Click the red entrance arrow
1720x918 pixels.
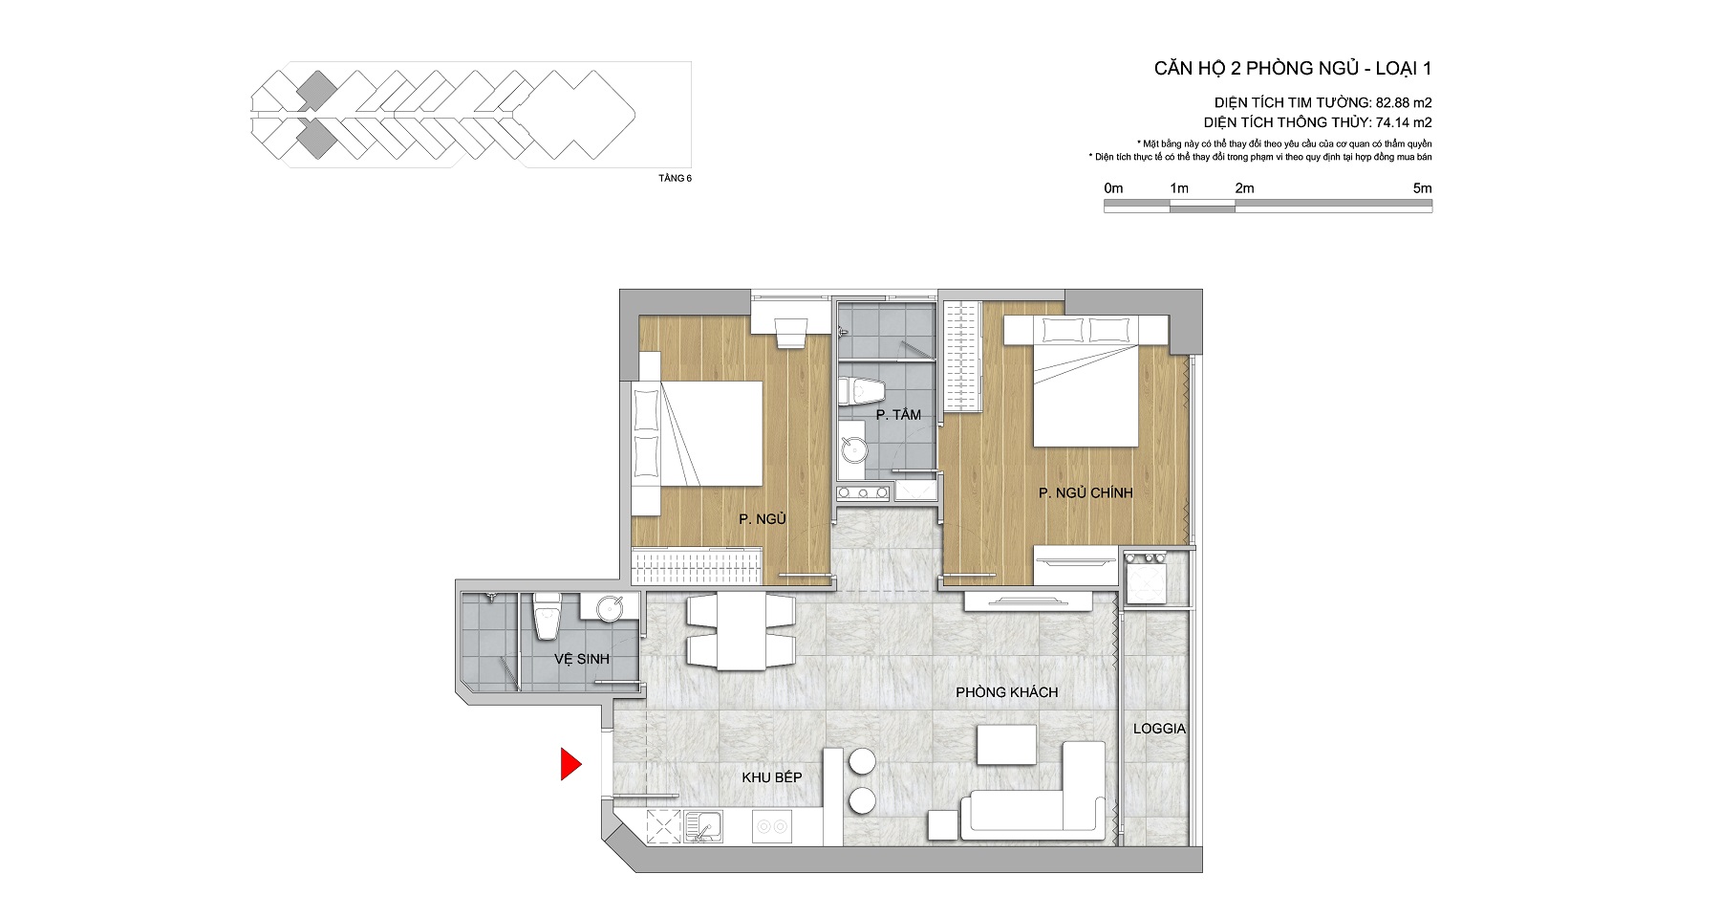pos(570,764)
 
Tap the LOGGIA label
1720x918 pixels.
pos(1159,729)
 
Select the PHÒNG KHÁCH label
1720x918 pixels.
pos(1006,692)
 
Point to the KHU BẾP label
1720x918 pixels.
pos(771,777)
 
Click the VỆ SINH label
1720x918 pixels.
pos(581,659)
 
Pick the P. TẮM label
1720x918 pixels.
pos(898,414)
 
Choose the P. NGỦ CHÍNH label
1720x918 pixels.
pos(1086,492)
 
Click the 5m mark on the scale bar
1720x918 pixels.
pos(1422,188)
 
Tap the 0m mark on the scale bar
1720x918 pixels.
pos(1113,188)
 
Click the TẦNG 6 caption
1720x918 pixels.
pos(675,178)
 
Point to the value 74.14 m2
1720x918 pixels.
pos(1404,122)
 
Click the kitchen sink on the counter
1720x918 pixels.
pos(702,826)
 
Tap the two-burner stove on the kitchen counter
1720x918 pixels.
pos(771,826)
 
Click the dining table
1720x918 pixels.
pos(742,632)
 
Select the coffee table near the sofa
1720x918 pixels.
pos(1007,745)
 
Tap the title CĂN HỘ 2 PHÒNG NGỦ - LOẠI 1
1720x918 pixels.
pos(1292,68)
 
